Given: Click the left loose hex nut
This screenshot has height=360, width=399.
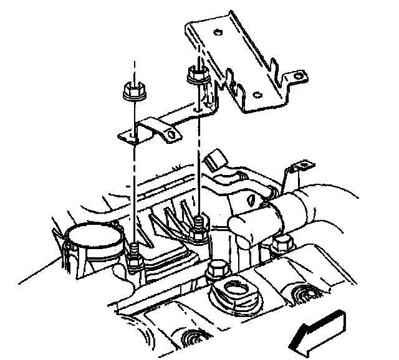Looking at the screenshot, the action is point(132,92).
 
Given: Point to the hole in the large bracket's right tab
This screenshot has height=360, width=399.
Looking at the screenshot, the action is point(300,77).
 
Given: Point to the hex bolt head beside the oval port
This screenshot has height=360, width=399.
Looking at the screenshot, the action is point(216,272).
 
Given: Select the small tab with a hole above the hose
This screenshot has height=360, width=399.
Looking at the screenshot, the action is point(305,165).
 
